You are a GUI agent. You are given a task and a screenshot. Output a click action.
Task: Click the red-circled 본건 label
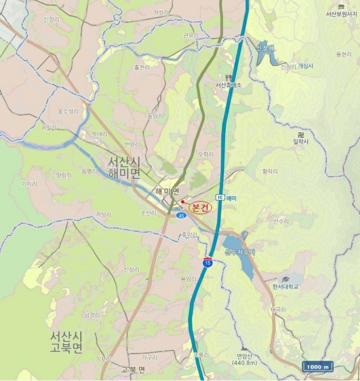[x=200, y=207]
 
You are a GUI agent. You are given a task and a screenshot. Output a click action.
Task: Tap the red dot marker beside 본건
[x=183, y=202]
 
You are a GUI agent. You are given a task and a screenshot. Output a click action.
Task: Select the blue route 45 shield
[x=181, y=216]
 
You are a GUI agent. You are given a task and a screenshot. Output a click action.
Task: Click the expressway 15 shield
[x=207, y=262]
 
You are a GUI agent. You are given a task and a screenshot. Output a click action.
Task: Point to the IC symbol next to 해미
[x=220, y=197]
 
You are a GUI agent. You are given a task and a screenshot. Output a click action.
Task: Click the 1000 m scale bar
[x=318, y=367]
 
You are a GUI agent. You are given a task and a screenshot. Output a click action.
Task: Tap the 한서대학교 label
[x=285, y=286]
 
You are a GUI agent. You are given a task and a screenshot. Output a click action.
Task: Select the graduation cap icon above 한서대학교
[x=285, y=279]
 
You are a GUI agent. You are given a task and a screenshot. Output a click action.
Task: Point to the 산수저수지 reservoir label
[x=240, y=252]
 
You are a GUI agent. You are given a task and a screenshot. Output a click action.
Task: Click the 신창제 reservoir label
[x=265, y=48]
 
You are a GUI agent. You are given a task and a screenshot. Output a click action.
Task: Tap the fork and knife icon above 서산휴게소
[x=228, y=77]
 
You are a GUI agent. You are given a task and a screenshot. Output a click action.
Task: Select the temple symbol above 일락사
[x=300, y=134]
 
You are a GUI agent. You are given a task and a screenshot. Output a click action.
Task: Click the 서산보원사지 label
[x=342, y=14]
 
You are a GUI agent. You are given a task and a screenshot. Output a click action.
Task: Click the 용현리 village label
[x=344, y=54]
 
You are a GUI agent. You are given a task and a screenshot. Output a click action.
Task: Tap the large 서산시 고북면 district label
[x=66, y=342]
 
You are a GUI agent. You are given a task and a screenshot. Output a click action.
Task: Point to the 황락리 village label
[x=270, y=171]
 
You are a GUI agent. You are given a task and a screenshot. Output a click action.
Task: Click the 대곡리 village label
[x=278, y=309]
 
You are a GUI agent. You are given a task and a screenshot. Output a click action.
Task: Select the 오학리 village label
[x=206, y=155]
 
